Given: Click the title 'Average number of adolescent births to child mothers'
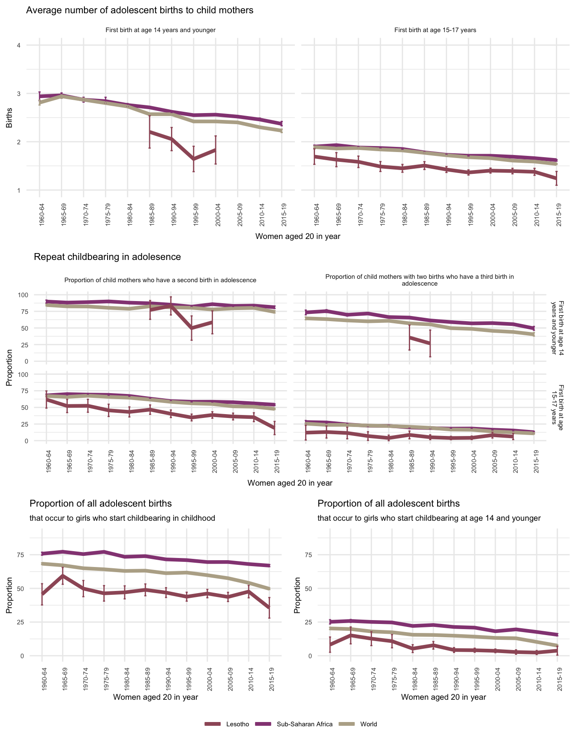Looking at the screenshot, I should pyautogui.click(x=140, y=10).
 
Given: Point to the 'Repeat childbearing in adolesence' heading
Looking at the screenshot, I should pyautogui.click(x=107, y=257).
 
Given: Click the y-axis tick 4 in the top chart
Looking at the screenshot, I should pyautogui.click(x=18, y=45).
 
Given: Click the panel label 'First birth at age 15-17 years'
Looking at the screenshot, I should pyautogui.click(x=435, y=30).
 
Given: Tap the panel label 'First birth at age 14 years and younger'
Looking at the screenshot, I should pyautogui.click(x=160, y=30).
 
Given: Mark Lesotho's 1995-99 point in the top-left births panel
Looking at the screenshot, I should pyautogui.click(x=194, y=159).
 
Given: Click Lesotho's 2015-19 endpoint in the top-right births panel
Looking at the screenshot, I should pyautogui.click(x=556, y=178).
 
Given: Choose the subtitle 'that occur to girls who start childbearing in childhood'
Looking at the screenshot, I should pyautogui.click(x=122, y=518).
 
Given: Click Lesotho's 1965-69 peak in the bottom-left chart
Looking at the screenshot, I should pyautogui.click(x=63, y=576).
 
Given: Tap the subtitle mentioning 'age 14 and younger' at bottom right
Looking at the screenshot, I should pyautogui.click(x=429, y=518).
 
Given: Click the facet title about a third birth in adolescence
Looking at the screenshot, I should pyautogui.click(x=419, y=280).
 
